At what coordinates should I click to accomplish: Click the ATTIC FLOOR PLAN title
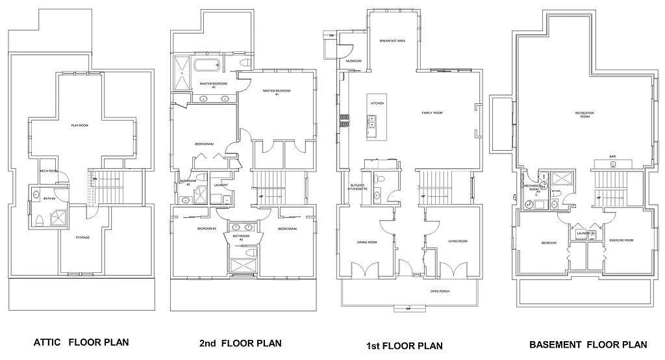(x=82, y=342)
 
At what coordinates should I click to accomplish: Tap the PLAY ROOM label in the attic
(x=79, y=125)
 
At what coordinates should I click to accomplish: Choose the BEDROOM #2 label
(x=204, y=144)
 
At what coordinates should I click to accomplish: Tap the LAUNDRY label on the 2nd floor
(x=221, y=185)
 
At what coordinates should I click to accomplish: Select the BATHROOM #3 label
(x=240, y=237)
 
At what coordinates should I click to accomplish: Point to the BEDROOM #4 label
(x=287, y=229)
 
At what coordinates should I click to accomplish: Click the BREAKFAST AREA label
(x=392, y=41)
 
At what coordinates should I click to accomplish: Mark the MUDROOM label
(x=353, y=61)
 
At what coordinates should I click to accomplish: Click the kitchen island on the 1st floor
(x=373, y=119)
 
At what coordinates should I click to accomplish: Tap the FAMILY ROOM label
(x=432, y=113)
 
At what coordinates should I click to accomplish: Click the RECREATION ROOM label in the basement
(x=584, y=115)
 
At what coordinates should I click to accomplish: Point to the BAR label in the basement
(x=612, y=157)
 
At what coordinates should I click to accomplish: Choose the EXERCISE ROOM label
(x=621, y=240)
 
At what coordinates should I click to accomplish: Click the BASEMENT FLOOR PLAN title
(x=588, y=344)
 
